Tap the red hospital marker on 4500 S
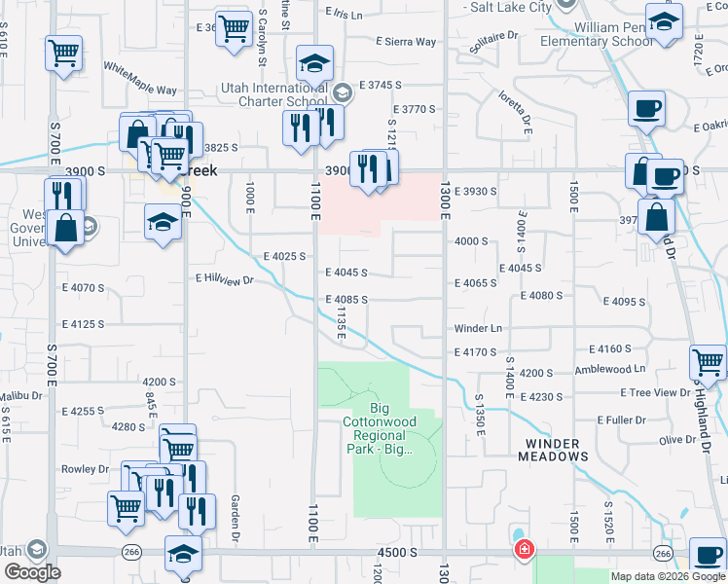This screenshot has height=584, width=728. click(525, 550)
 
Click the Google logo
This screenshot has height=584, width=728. click(32, 572)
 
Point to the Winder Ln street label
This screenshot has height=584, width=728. click(478, 329)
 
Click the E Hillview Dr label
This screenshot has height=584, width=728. click(224, 279)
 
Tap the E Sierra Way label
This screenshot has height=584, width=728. click(407, 42)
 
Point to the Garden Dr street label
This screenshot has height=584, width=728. click(236, 517)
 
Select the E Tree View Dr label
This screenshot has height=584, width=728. click(655, 392)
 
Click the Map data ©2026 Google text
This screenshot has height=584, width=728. click(669, 576)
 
